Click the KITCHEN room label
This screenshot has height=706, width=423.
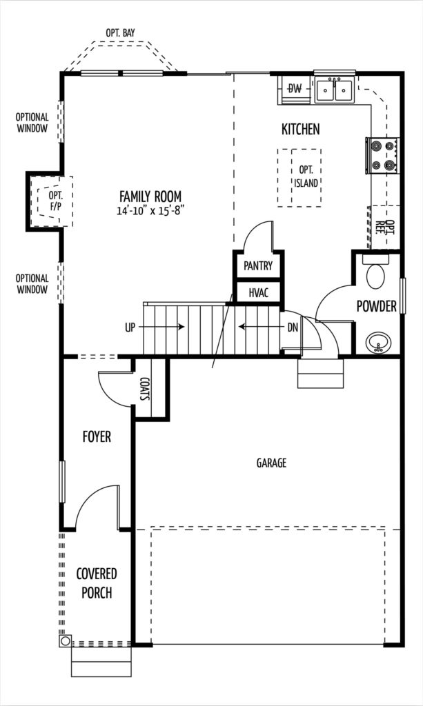pos(300,129)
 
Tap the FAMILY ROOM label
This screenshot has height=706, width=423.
pos(150,196)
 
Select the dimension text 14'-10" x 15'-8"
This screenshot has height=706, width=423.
pos(151,211)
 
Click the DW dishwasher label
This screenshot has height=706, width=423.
pos(295,89)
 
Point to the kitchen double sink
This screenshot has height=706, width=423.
pos(334,90)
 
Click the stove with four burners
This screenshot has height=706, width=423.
pos(382,155)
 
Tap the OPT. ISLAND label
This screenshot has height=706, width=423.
pos(306,176)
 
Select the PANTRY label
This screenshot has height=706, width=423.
pos(258,265)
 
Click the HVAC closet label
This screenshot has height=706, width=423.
pos(259,293)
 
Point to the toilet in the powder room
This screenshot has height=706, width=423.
pos(375,272)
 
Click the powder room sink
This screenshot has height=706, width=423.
pos(378,343)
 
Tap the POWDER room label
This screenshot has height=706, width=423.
pos(377,306)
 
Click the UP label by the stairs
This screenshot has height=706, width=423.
pos(130,327)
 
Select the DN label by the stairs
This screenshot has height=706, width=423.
pos(293,327)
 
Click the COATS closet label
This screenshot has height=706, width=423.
pos(145,389)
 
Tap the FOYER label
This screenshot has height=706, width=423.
pos(97,436)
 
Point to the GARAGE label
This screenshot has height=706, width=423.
pos(271,463)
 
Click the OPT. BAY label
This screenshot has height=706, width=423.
pos(120,33)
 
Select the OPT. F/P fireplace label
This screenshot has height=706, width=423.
pos(57,201)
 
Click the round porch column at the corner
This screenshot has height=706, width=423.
pos(65,641)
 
